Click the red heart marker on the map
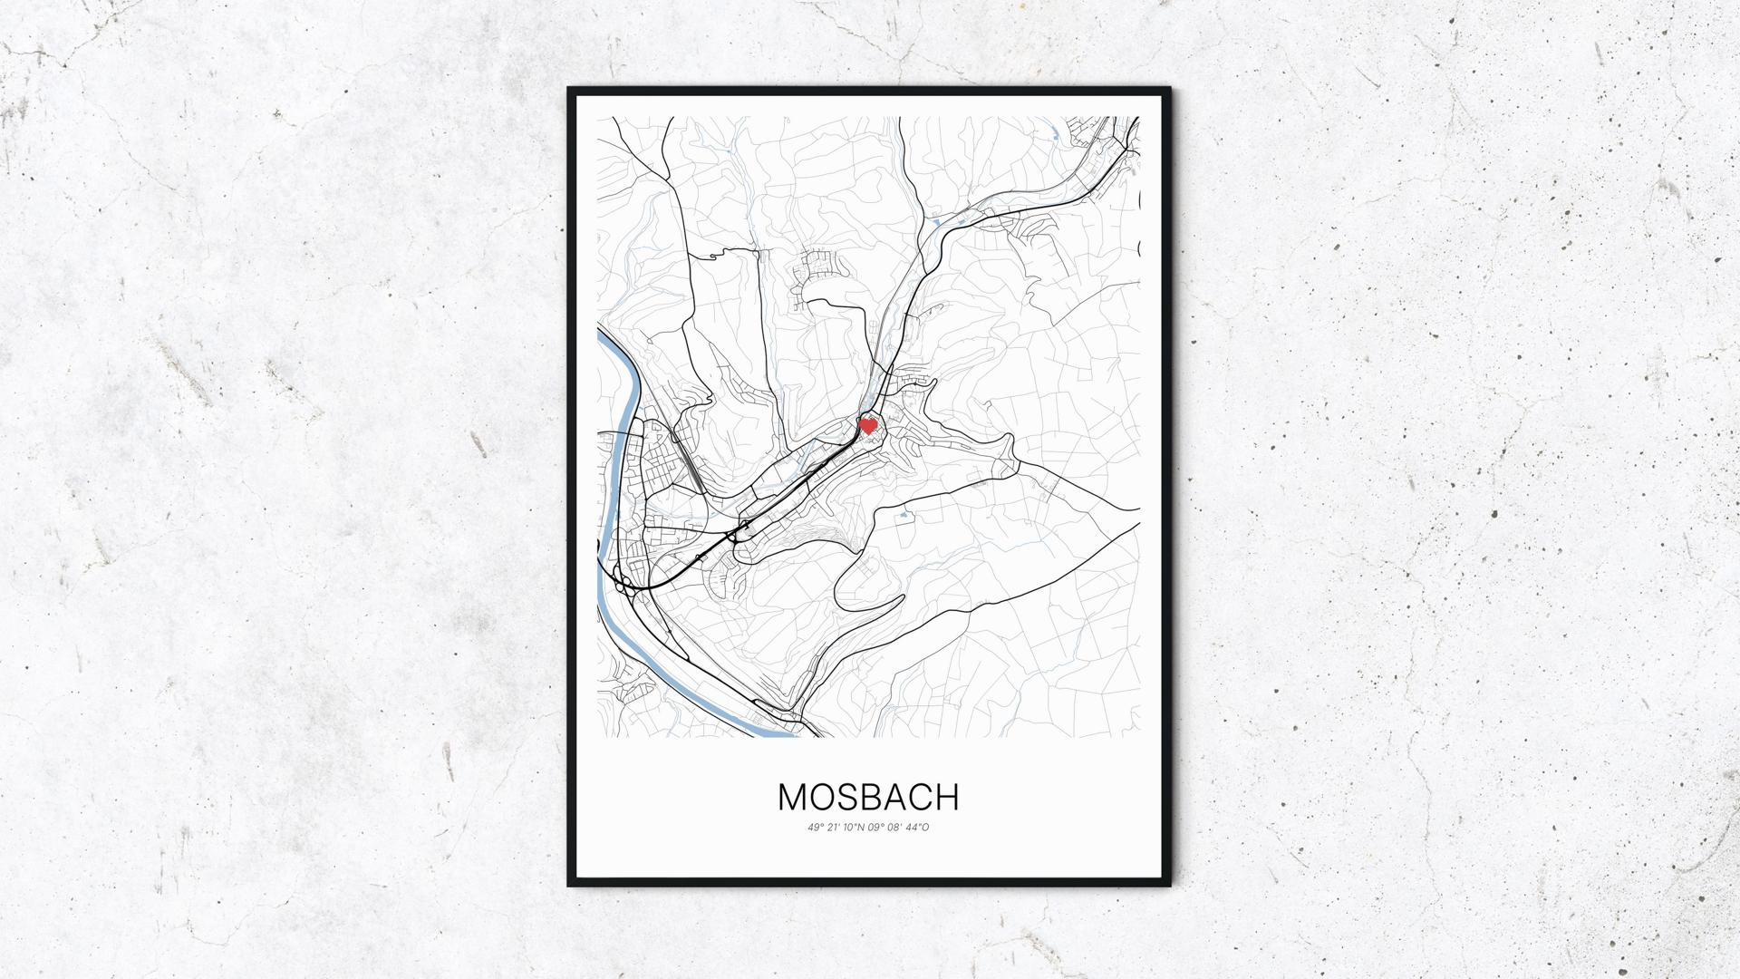click(867, 425)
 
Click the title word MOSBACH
click(868, 797)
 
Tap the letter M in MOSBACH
click(791, 797)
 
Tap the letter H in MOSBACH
click(946, 797)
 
